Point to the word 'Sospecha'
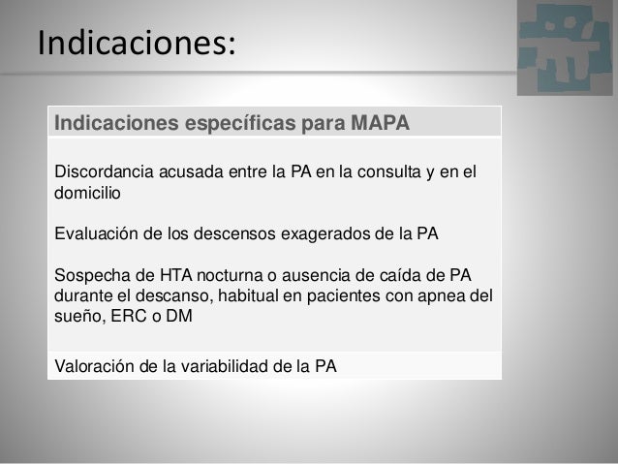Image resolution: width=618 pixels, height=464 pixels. [91, 275]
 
